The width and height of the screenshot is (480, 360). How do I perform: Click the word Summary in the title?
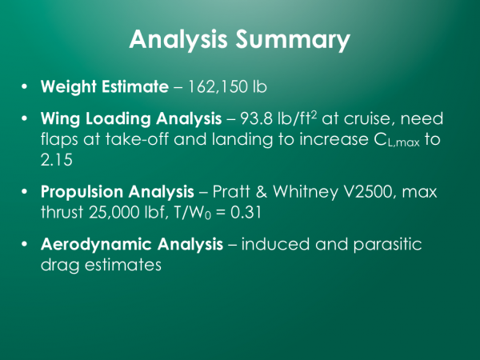pos(293,40)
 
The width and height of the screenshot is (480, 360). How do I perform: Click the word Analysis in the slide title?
pos(178,40)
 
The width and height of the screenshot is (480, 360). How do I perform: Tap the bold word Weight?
pos(69,87)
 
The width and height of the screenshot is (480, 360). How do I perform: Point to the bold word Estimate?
pos(135,86)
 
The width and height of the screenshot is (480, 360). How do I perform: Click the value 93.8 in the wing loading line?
pos(256,118)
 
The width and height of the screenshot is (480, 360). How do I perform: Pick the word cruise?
pos(367,118)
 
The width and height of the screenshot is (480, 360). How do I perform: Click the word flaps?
pos(59,139)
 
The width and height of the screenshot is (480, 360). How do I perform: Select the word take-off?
pos(137,139)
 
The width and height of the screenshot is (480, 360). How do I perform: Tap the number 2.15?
pos(57,160)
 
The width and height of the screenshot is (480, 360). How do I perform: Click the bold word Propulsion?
pos(82,192)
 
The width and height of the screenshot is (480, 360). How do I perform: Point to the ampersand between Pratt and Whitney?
pos(262,192)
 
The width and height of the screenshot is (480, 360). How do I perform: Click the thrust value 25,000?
pos(114,212)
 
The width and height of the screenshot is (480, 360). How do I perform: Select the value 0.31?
pos(246,212)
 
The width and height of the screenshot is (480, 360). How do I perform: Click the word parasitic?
pos(387,245)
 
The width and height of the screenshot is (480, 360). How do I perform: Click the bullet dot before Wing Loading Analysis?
pos(25,118)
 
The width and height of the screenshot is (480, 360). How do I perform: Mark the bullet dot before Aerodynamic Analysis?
pos(25,244)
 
